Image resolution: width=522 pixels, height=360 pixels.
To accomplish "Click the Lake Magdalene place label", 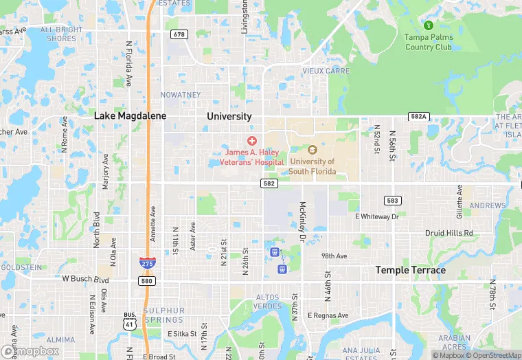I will click(130, 116).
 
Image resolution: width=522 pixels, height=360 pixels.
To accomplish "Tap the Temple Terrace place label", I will click(410, 270).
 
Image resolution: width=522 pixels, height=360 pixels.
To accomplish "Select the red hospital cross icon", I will click(251, 140).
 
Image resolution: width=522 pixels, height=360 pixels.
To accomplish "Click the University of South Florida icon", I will click(312, 150).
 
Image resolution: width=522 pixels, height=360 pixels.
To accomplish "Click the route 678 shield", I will click(179, 34).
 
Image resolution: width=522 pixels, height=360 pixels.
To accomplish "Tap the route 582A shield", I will click(418, 117).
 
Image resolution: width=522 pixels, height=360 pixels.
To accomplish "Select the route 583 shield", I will click(392, 201).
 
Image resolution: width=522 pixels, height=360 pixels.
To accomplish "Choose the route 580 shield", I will click(147, 280).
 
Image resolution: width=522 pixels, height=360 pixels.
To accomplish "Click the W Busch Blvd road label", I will click(86, 280).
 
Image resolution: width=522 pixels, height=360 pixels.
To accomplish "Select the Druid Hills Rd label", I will click(449, 233).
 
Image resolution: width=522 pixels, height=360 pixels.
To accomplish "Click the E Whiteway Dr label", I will click(376, 216).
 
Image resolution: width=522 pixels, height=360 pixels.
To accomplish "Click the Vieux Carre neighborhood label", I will click(326, 71).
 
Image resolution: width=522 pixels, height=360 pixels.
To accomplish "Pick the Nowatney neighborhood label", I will click(180, 95).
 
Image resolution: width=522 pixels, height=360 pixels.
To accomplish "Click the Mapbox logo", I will click(30, 350).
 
